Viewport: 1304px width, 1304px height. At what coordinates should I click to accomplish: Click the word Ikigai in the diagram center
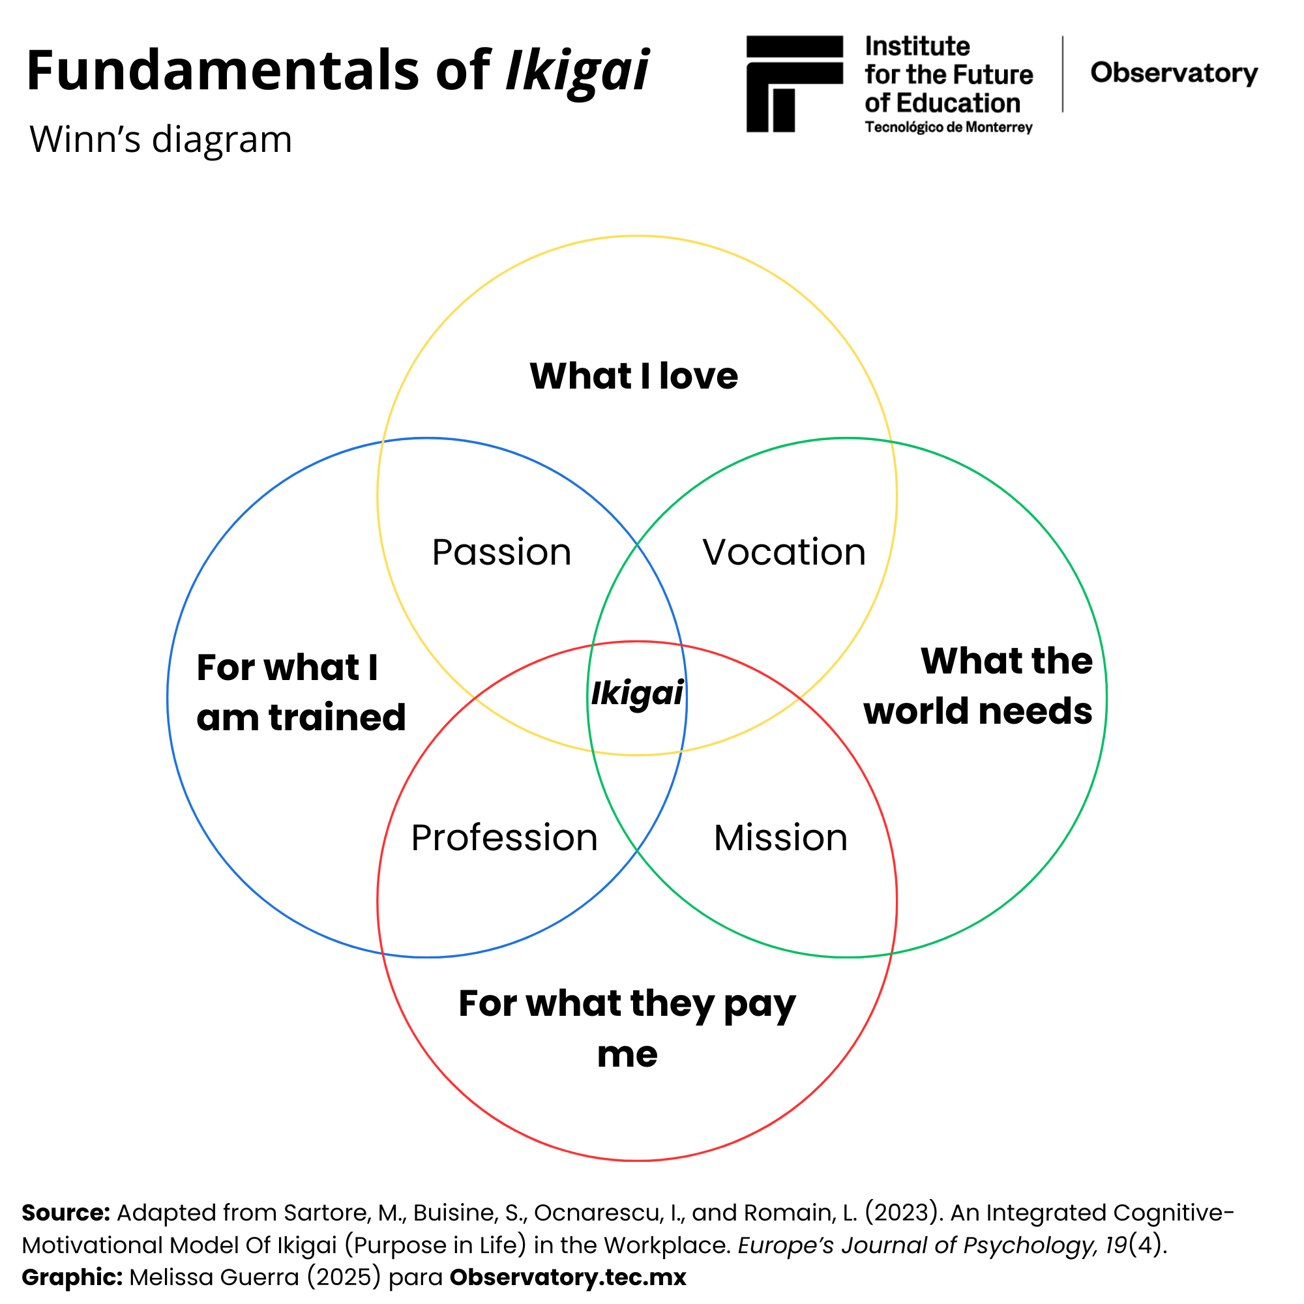click(x=637, y=694)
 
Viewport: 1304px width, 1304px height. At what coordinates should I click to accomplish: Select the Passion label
click(x=501, y=552)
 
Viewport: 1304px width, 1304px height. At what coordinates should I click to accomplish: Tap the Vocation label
click(x=784, y=552)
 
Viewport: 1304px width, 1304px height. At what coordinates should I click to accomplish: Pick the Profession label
click(x=504, y=838)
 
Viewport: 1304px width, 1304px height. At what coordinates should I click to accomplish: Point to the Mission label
click(x=780, y=838)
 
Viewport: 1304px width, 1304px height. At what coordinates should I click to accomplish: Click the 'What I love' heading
click(x=634, y=376)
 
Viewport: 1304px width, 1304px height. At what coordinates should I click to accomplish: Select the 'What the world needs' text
click(x=978, y=686)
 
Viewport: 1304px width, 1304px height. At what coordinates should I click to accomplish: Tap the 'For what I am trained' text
click(x=301, y=692)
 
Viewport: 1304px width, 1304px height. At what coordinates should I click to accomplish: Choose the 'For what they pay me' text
click(x=627, y=1029)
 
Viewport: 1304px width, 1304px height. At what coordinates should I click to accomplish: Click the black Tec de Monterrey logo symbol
click(x=793, y=83)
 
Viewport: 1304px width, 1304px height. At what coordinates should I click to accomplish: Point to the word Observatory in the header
click(x=1174, y=73)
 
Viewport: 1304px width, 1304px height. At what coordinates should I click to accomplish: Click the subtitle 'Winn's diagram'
click(x=160, y=140)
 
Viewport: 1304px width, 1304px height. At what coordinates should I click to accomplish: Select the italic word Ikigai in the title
click(x=577, y=70)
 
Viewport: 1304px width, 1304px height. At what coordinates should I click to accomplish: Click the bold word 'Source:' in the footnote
click(x=65, y=1213)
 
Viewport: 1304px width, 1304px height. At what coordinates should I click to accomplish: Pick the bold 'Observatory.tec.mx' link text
click(x=568, y=1278)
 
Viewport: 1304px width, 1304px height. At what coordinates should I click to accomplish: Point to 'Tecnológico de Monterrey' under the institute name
click(x=948, y=128)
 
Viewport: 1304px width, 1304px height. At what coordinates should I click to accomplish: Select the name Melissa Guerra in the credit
click(x=214, y=1278)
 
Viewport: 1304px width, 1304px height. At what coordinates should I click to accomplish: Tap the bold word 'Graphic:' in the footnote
click(x=72, y=1278)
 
